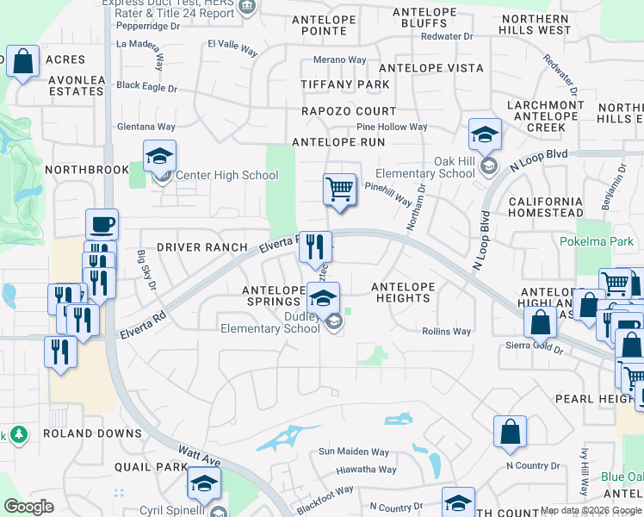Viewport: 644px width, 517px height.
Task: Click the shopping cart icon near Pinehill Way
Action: pos(340,188)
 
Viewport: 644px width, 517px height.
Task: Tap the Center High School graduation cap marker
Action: pos(159,155)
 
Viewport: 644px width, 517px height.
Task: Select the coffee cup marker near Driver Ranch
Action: pos(102,224)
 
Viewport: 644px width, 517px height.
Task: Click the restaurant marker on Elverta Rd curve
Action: pos(315,246)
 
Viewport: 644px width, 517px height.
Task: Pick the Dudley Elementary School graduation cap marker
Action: pos(324,297)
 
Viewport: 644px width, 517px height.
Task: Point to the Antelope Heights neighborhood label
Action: pos(400,292)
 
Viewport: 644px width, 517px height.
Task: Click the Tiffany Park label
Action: pos(344,84)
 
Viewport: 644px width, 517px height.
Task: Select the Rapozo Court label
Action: pos(349,111)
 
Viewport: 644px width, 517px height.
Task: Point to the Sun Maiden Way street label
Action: pos(354,452)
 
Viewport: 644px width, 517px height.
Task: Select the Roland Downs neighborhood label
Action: pos(92,433)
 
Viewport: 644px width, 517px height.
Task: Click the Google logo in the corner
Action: pos(28,507)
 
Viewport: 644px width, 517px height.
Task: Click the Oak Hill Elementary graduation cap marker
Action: pos(485,134)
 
